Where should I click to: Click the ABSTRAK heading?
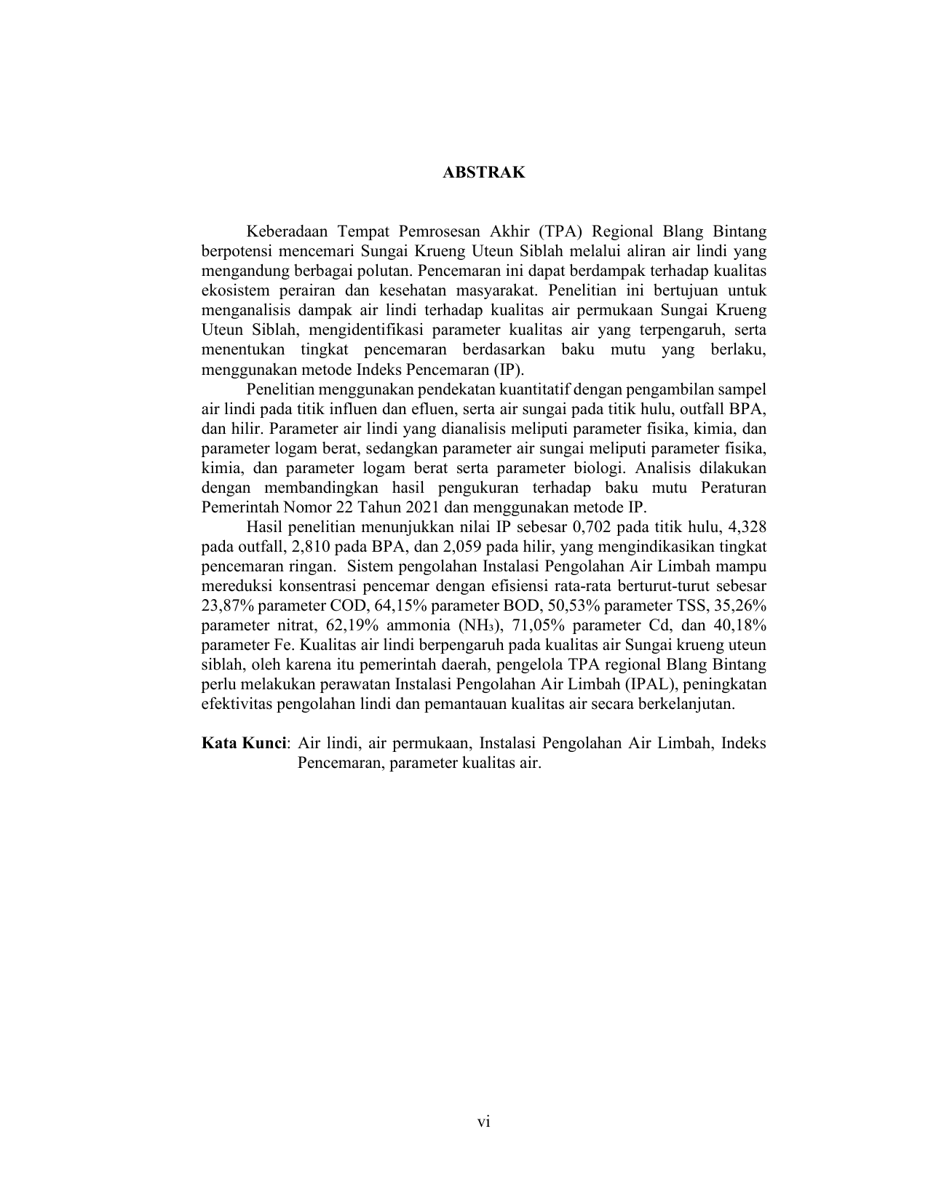click(x=484, y=173)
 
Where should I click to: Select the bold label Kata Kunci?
click(x=244, y=743)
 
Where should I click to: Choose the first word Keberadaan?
click(x=282, y=231)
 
